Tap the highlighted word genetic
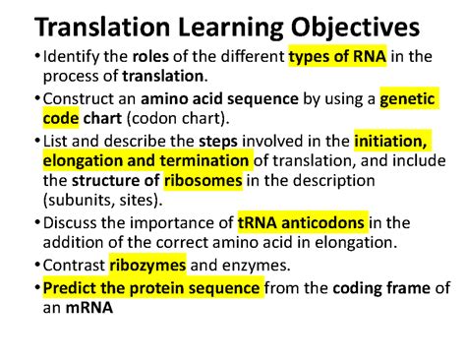point(407,99)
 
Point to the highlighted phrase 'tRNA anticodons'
point(302,222)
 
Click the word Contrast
point(74,265)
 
